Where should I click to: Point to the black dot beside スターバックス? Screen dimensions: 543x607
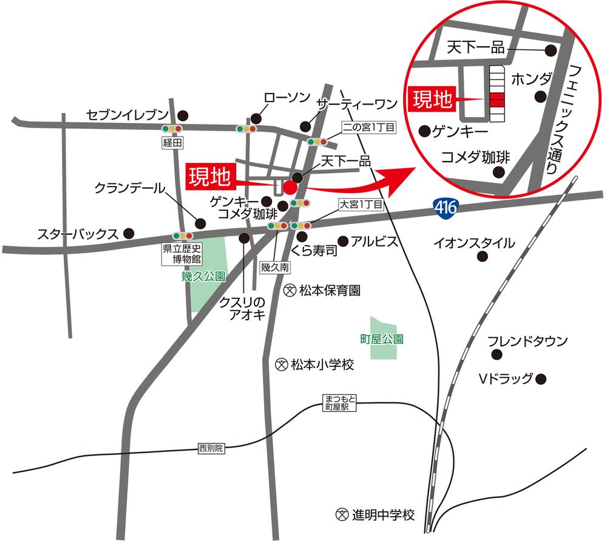[129, 232]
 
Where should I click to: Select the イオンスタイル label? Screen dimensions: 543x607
[474, 244]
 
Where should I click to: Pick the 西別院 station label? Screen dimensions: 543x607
[211, 449]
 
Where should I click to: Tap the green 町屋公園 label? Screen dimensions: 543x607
[382, 339]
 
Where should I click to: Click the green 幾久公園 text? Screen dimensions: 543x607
[203, 277]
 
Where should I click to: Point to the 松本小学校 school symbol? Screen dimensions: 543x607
[281, 365]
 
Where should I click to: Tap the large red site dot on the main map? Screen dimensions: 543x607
[290, 186]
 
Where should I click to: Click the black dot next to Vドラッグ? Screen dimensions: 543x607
[541, 379]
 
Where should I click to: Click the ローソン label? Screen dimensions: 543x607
[287, 98]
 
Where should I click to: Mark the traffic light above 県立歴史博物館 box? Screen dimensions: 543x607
[182, 236]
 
